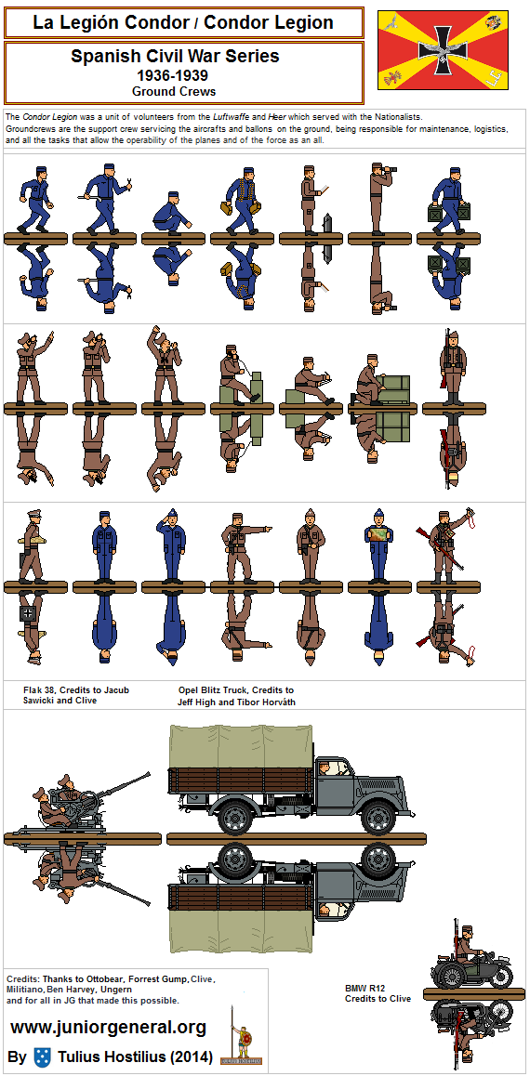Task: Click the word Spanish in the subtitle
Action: tap(99, 56)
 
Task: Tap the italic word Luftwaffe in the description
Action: tap(232, 117)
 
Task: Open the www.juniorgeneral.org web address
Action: tap(109, 1028)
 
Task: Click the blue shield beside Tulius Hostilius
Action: tap(44, 1056)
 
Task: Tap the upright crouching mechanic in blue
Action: tap(172, 213)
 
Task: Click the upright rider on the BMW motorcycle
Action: tap(467, 943)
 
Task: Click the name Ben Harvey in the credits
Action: tap(84, 990)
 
